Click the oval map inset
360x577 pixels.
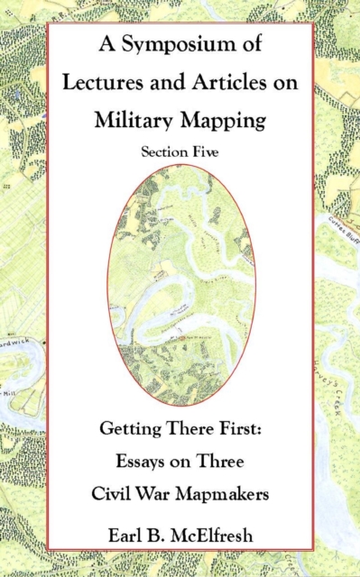coord(180,285)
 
